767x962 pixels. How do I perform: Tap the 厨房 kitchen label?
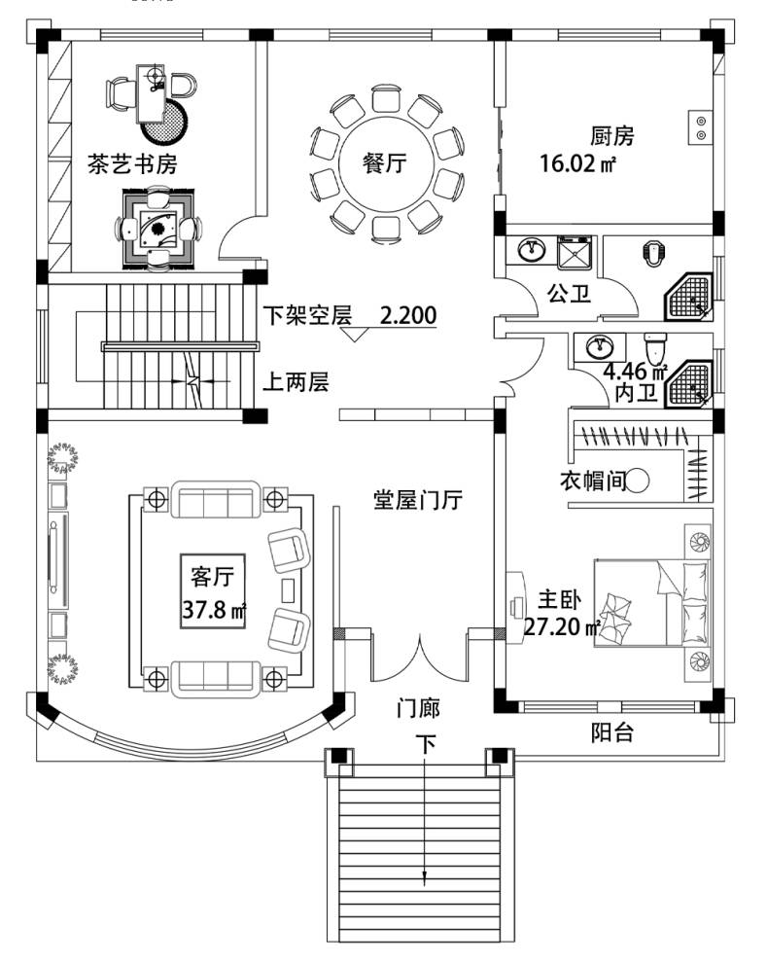click(x=611, y=136)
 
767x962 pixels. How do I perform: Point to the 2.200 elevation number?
click(x=408, y=315)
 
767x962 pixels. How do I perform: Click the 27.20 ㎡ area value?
click(x=562, y=626)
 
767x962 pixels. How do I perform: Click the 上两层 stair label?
click(x=296, y=382)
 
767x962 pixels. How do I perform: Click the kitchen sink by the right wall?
click(x=700, y=127)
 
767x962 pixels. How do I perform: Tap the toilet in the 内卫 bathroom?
click(x=654, y=344)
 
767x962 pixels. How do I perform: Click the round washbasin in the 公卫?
click(x=531, y=251)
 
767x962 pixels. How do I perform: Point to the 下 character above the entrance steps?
click(x=426, y=745)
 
